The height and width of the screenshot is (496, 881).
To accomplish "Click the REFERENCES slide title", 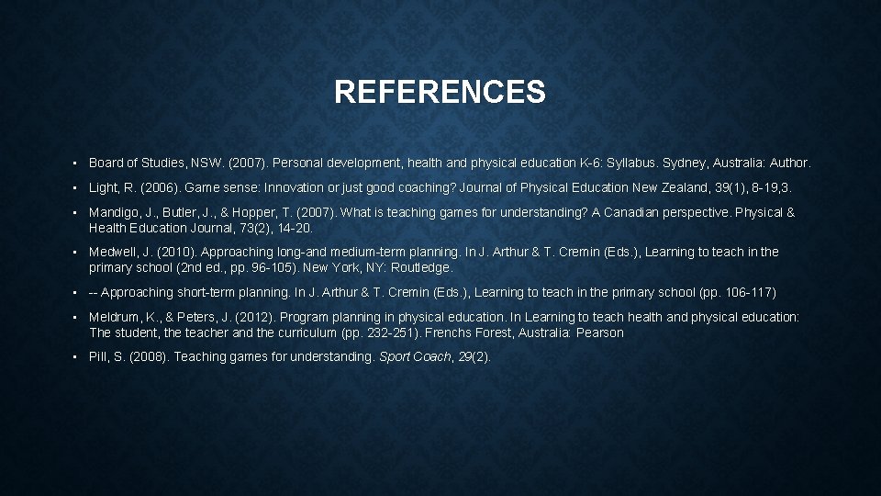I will (x=440, y=92).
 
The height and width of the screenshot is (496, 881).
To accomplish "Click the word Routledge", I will (x=422, y=267).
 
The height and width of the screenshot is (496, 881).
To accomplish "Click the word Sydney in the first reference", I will (x=688, y=163).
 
